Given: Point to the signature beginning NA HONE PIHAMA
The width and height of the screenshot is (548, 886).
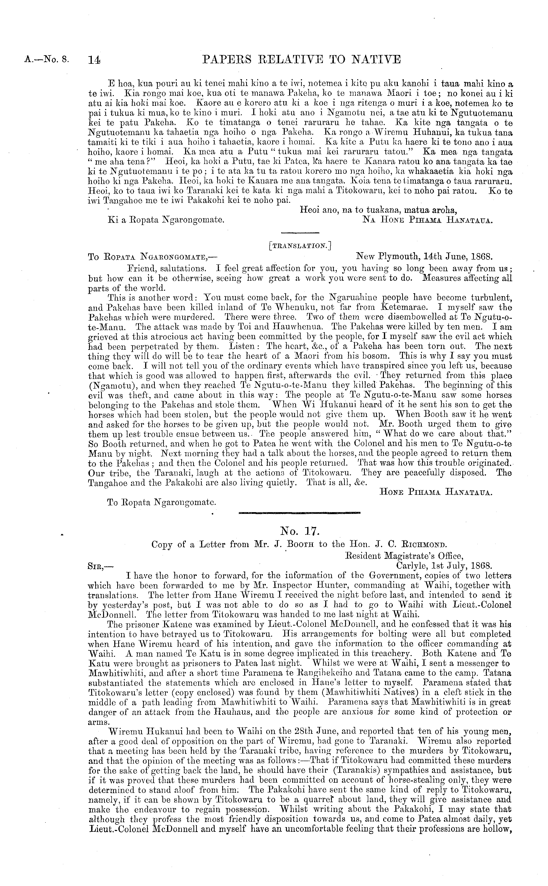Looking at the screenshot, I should click(428, 220).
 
